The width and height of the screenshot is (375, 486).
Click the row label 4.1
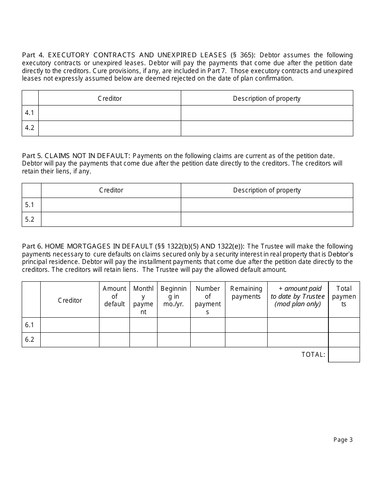click(30, 113)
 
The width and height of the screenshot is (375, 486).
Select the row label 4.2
click(30, 128)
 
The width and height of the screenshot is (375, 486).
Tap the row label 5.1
click(30, 205)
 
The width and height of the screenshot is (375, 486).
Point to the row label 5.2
click(30, 219)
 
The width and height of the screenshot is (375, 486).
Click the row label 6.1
click(30, 325)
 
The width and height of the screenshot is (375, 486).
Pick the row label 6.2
click(30, 339)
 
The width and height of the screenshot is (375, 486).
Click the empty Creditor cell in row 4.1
click(109, 113)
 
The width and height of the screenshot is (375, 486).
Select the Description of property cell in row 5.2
click(267, 219)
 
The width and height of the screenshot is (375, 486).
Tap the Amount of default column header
click(114, 296)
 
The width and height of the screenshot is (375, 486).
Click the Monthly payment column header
click(143, 300)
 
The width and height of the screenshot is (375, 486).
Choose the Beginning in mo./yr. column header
click(174, 296)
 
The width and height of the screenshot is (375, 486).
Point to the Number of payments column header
click(208, 300)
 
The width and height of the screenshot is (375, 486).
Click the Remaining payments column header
click(246, 293)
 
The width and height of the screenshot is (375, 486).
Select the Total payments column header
click(344, 296)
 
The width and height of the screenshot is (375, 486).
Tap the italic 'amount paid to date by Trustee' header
click(298, 296)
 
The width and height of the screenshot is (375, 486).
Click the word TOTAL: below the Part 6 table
click(313, 354)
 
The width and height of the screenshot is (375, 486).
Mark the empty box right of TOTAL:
click(344, 354)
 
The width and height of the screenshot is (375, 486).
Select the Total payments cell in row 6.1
click(344, 325)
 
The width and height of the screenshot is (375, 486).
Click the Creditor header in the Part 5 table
click(111, 190)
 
